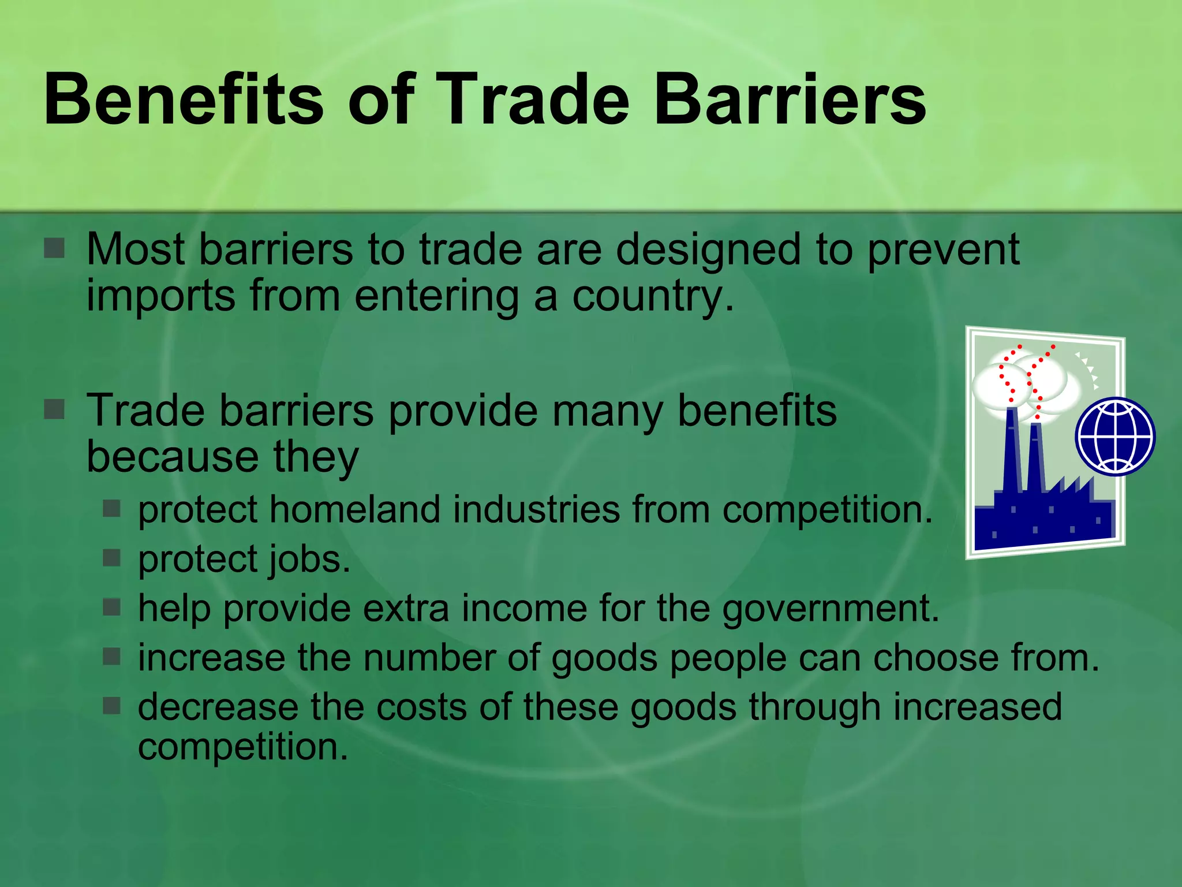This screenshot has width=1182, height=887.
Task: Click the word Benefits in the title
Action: (x=184, y=99)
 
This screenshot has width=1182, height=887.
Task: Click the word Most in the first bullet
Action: (x=136, y=249)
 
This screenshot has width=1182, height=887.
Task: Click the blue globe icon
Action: (x=1115, y=437)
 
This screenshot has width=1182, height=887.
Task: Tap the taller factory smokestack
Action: (x=1012, y=450)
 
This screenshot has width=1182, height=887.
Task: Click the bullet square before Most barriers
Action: (x=54, y=249)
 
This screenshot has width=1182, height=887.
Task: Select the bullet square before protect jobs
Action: (x=111, y=558)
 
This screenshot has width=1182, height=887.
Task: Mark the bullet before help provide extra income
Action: (x=111, y=607)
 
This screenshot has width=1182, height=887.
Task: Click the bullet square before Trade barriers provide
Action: (x=54, y=409)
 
